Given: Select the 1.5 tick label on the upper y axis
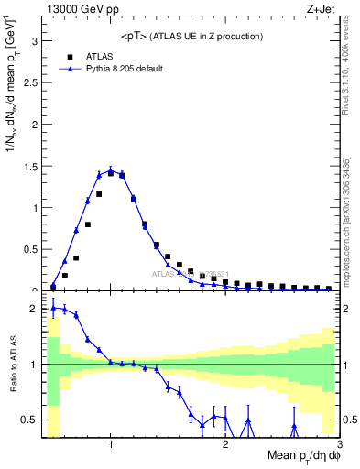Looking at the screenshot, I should point(31,166).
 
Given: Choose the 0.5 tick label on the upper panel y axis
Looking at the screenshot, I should point(31,249).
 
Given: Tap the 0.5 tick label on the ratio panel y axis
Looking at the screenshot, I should point(31,420).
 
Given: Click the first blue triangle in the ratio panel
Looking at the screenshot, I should point(53,308).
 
